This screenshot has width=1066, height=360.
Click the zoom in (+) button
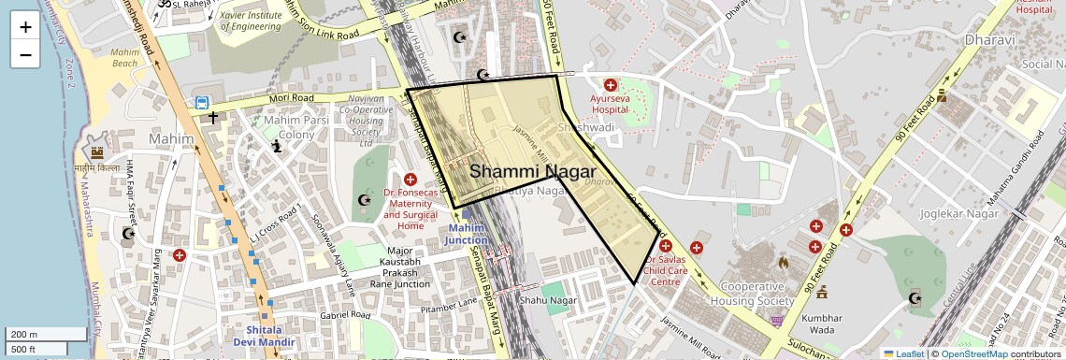25,26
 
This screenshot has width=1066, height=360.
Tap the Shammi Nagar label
532,172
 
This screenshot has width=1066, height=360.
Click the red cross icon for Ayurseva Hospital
611,85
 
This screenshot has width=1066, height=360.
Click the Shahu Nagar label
549,300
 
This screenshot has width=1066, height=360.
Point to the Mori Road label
291,97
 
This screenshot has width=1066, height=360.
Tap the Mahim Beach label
124,58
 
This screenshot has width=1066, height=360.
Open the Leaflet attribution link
902,353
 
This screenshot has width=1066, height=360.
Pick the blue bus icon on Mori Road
201,103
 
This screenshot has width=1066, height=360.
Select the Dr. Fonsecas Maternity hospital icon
410,179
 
